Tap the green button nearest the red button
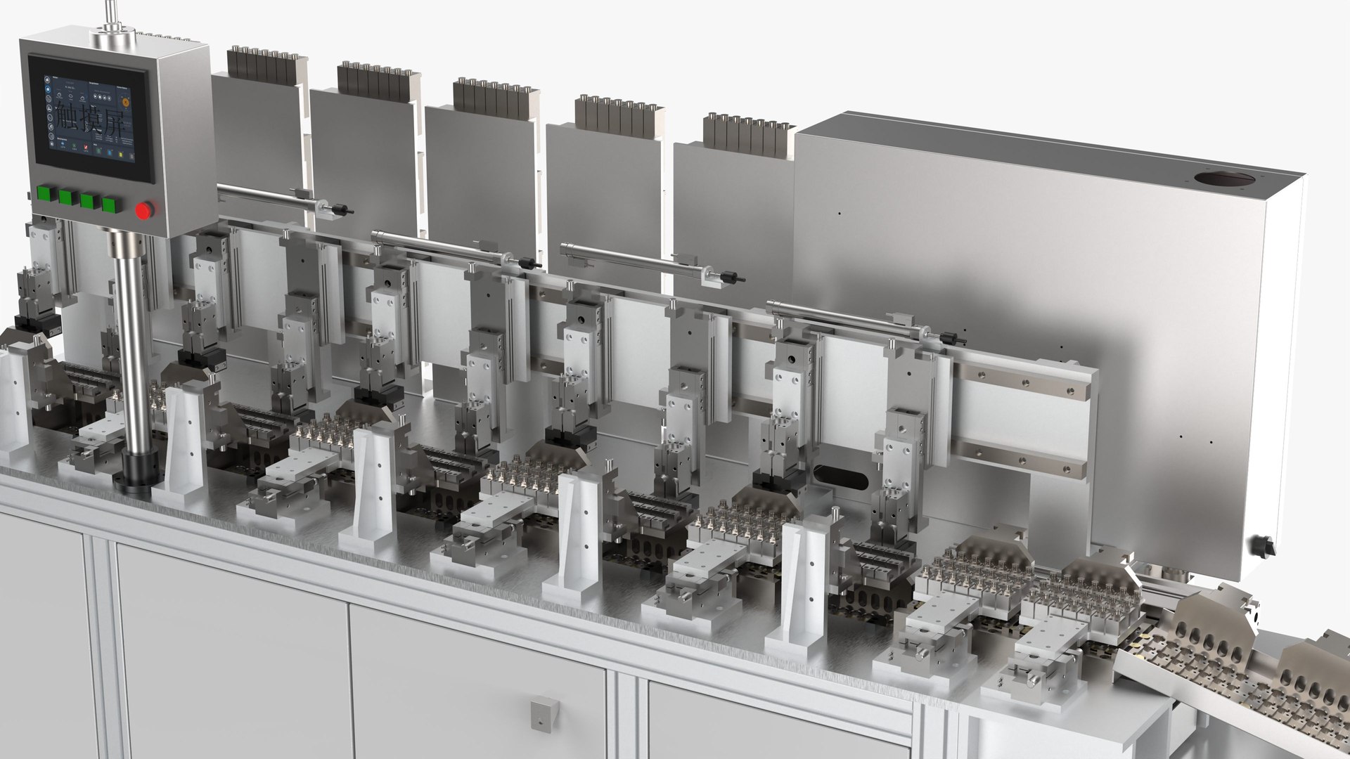110,205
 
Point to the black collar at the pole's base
134,471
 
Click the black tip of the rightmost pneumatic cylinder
949,337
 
